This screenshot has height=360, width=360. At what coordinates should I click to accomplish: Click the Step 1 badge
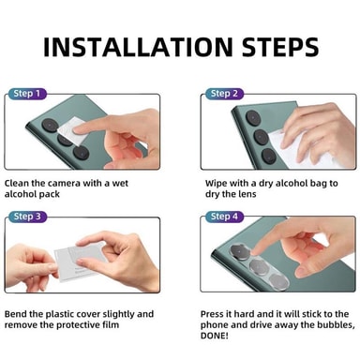tap(27, 94)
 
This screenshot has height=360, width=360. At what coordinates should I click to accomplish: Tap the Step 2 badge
tap(224, 94)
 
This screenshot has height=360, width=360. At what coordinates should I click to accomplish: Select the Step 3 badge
tap(27, 217)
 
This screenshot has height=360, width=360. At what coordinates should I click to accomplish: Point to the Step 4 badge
tap(224, 217)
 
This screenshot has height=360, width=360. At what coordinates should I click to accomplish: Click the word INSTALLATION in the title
tap(138, 47)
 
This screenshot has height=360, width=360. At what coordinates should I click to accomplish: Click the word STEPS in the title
tap(280, 47)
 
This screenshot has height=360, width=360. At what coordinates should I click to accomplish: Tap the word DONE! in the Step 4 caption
tap(215, 336)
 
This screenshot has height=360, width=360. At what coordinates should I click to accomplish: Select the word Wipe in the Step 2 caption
tap(216, 184)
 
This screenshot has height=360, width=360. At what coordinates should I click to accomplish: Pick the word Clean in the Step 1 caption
tap(16, 183)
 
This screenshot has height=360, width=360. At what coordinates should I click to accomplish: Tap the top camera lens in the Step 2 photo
tap(253, 118)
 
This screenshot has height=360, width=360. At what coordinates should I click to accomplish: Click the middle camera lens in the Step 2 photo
tap(262, 137)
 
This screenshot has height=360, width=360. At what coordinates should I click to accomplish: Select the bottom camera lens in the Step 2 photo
tap(269, 156)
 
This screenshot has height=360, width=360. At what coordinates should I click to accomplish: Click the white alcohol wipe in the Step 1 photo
tap(70, 131)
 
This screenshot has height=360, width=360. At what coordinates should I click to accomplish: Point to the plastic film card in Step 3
tap(82, 261)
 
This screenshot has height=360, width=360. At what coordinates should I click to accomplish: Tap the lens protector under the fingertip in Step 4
tap(241, 251)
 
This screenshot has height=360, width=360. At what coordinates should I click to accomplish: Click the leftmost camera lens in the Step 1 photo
tap(50, 125)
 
